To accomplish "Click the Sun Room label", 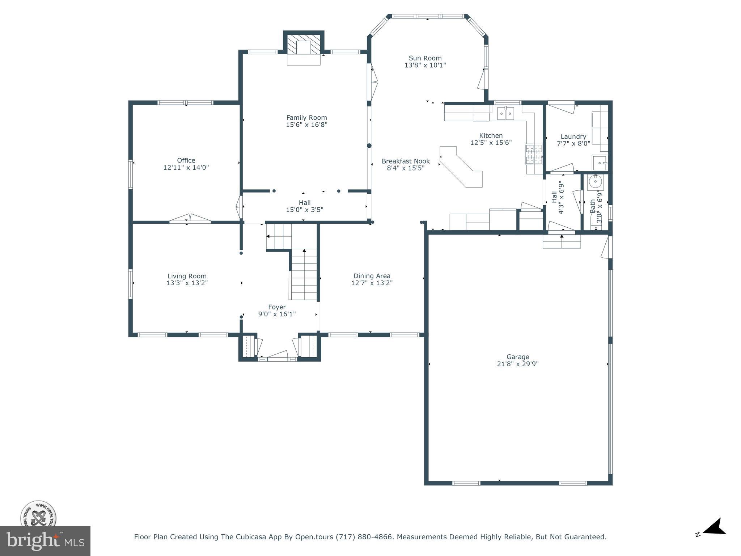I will [425, 58].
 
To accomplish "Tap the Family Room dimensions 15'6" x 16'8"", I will [306, 125].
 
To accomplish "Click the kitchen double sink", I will [505, 113].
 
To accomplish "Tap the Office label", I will [186, 160].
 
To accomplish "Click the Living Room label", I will [187, 276].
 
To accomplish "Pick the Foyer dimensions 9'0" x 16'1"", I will [277, 314].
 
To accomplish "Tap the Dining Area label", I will [372, 276].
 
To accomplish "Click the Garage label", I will [518, 357].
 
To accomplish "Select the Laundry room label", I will [573, 136].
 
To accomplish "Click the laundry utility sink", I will [600, 163].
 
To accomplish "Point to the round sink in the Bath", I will [595, 181].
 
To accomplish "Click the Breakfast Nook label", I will [406, 161].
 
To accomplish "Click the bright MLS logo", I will [45, 541].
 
